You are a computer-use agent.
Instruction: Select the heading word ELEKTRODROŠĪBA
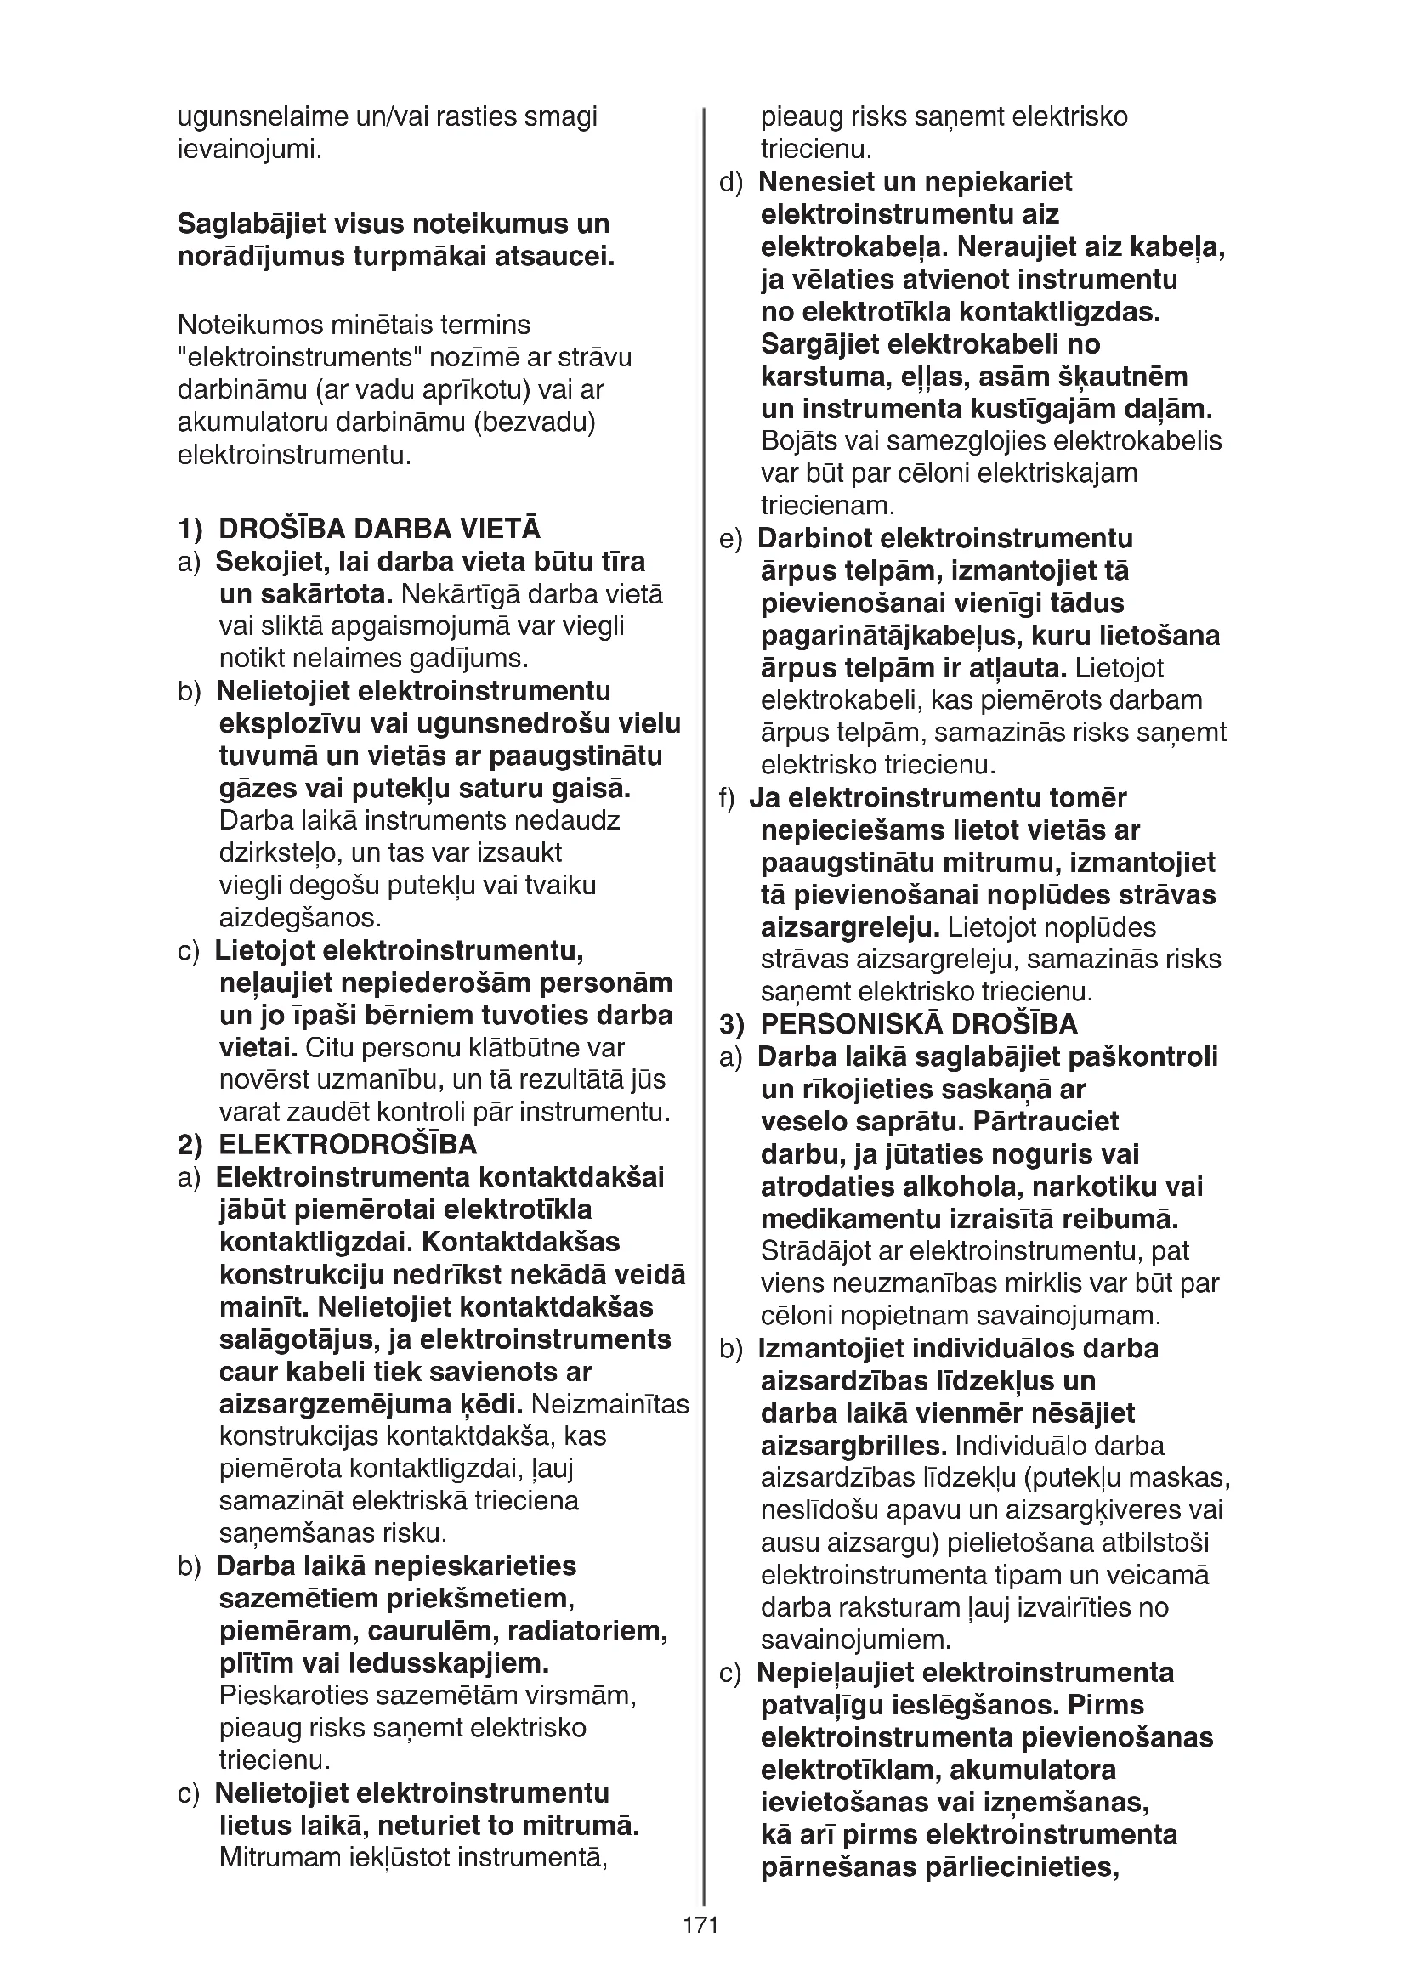point(347,1145)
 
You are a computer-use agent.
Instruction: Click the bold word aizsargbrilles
point(853,1446)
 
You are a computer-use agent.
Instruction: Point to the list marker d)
point(731,183)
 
